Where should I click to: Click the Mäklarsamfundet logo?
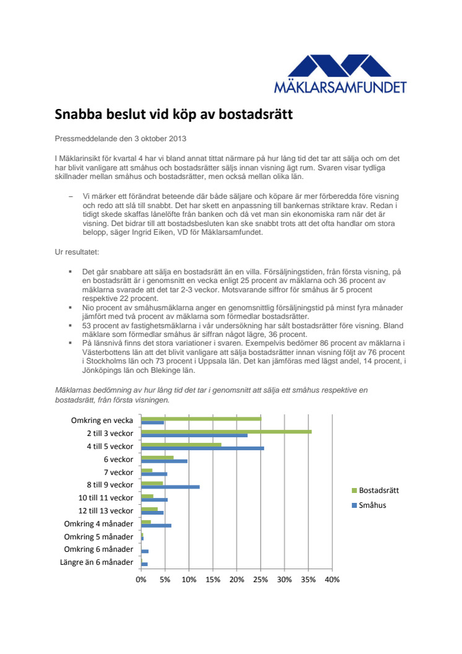[340, 73]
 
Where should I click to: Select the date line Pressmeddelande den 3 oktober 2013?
[120, 138]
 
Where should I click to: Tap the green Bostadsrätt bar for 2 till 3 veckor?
[226, 432]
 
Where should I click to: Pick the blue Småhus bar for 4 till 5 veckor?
[203, 448]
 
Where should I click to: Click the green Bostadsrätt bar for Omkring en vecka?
[201, 419]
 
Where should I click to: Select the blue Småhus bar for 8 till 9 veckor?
[170, 487]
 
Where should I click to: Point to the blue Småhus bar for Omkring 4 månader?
[156, 525]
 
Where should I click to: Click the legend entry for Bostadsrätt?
[378, 490]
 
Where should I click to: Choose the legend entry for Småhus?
[372, 505]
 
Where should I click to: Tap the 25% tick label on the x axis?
[261, 580]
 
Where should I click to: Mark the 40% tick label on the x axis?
[333, 580]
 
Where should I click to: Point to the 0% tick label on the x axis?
[141, 580]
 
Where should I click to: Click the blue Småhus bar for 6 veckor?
[164, 461]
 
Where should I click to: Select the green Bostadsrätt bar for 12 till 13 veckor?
[149, 509]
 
